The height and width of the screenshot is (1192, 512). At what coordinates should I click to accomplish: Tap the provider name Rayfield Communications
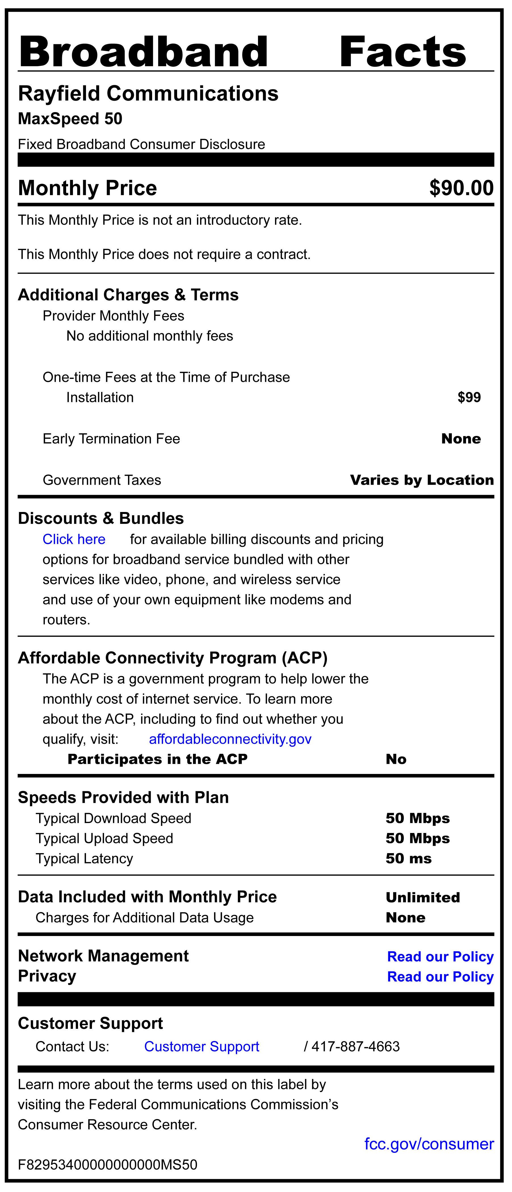(148, 93)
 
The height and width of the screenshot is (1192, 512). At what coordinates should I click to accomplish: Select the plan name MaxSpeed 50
(70, 119)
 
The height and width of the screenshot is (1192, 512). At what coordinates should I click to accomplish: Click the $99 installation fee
(469, 398)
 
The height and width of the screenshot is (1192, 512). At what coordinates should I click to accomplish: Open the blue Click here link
(74, 540)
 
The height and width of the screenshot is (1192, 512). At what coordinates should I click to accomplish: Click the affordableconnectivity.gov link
(230, 739)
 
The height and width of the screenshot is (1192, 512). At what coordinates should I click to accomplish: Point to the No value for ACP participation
(396, 759)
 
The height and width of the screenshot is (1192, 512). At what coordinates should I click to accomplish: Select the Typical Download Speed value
(417, 818)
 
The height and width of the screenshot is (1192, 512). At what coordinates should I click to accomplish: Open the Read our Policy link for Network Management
(440, 956)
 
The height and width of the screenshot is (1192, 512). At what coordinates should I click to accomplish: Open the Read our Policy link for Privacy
(440, 977)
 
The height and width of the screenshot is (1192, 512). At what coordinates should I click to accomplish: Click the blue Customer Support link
(202, 1047)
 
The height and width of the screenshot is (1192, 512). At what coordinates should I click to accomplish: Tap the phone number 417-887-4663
(356, 1047)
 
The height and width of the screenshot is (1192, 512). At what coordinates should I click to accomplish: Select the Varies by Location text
(422, 480)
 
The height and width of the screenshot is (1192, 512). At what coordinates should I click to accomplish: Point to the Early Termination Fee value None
(461, 439)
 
